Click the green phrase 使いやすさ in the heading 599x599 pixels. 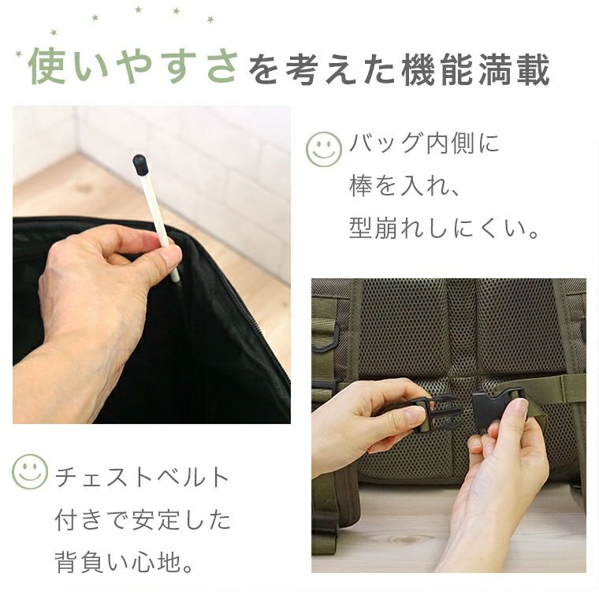(x=133, y=66)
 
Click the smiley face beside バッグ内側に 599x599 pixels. (x=324, y=149)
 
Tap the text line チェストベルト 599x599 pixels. (x=143, y=478)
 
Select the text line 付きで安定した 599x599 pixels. (x=143, y=519)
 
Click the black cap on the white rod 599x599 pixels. (x=140, y=164)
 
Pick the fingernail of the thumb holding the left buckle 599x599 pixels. (x=415, y=414)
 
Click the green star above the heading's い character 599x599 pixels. (x=95, y=17)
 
